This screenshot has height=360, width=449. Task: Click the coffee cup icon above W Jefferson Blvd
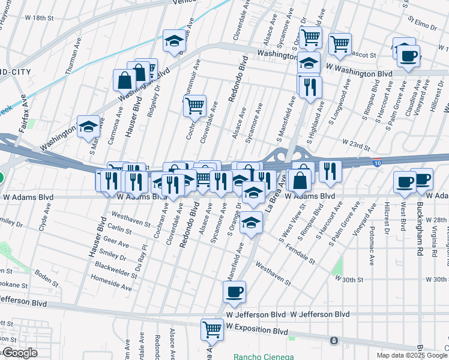(234, 292)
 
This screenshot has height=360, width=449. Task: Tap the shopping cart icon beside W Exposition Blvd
(212, 329)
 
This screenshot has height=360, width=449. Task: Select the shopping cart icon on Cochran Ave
(194, 106)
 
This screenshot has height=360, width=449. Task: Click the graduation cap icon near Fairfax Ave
(88, 127)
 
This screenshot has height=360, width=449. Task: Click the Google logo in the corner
(19, 353)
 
